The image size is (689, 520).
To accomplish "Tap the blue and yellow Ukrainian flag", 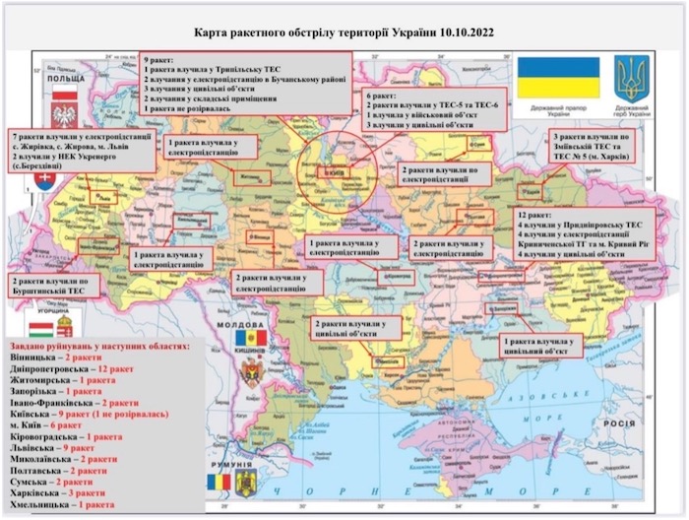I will (558, 77).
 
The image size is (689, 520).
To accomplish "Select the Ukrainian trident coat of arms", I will (631, 79).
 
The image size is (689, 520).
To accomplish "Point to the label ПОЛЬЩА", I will (62, 75).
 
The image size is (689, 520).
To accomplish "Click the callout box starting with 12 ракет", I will (584, 234).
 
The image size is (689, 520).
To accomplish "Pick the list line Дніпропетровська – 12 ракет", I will (69, 365).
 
